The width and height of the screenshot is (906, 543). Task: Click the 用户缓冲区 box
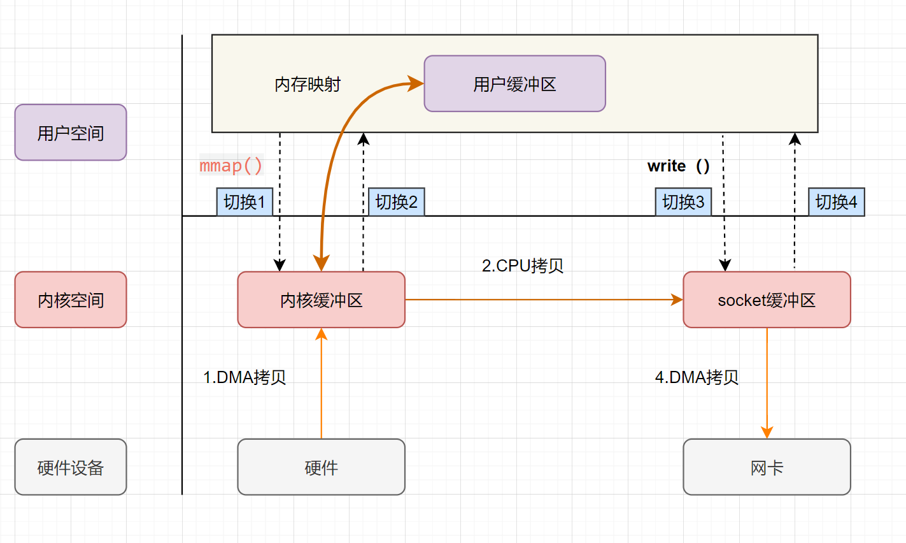[x=514, y=83]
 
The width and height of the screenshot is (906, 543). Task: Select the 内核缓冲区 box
[x=321, y=300]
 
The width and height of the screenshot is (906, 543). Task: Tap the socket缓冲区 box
[x=767, y=300]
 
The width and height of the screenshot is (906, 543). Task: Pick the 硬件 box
[x=321, y=467]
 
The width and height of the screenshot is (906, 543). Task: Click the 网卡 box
[x=767, y=467]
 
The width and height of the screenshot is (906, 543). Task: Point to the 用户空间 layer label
[x=71, y=133]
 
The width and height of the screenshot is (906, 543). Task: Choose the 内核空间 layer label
[x=71, y=300]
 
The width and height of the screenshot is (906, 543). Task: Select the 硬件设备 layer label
[x=71, y=467]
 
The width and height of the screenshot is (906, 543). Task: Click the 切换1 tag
[x=244, y=202]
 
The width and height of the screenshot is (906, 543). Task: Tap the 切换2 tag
[x=396, y=202]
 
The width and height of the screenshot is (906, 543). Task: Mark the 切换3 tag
[x=683, y=202]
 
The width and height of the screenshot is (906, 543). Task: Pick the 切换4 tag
[x=836, y=202]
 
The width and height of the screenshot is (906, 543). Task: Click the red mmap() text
[x=231, y=166]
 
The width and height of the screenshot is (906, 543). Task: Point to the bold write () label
[x=678, y=166]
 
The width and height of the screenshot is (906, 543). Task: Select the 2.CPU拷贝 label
[x=523, y=265]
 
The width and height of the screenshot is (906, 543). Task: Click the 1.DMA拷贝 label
[x=244, y=377]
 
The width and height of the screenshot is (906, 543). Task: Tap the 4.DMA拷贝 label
[x=697, y=377]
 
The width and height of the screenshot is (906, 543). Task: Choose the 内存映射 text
[x=308, y=84]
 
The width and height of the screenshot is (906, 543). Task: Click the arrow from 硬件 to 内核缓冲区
[x=322, y=382]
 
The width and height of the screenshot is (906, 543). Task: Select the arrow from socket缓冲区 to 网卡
[x=767, y=382]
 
